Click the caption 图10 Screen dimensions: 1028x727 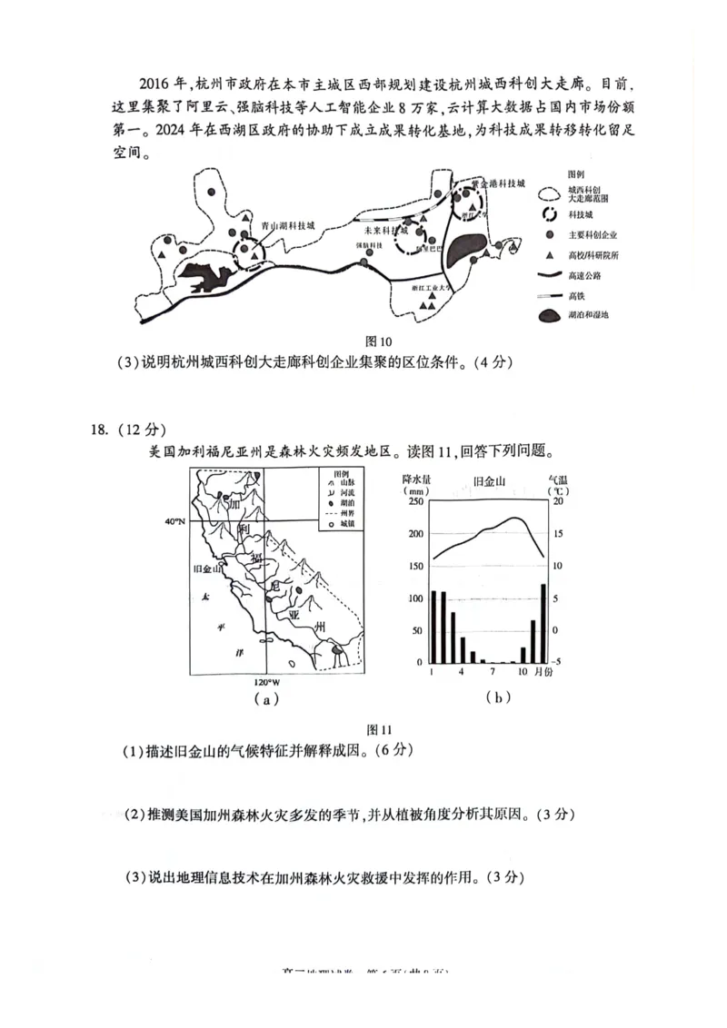(377, 342)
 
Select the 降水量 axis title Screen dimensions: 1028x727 (416, 479)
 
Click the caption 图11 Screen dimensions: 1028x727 (377, 729)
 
